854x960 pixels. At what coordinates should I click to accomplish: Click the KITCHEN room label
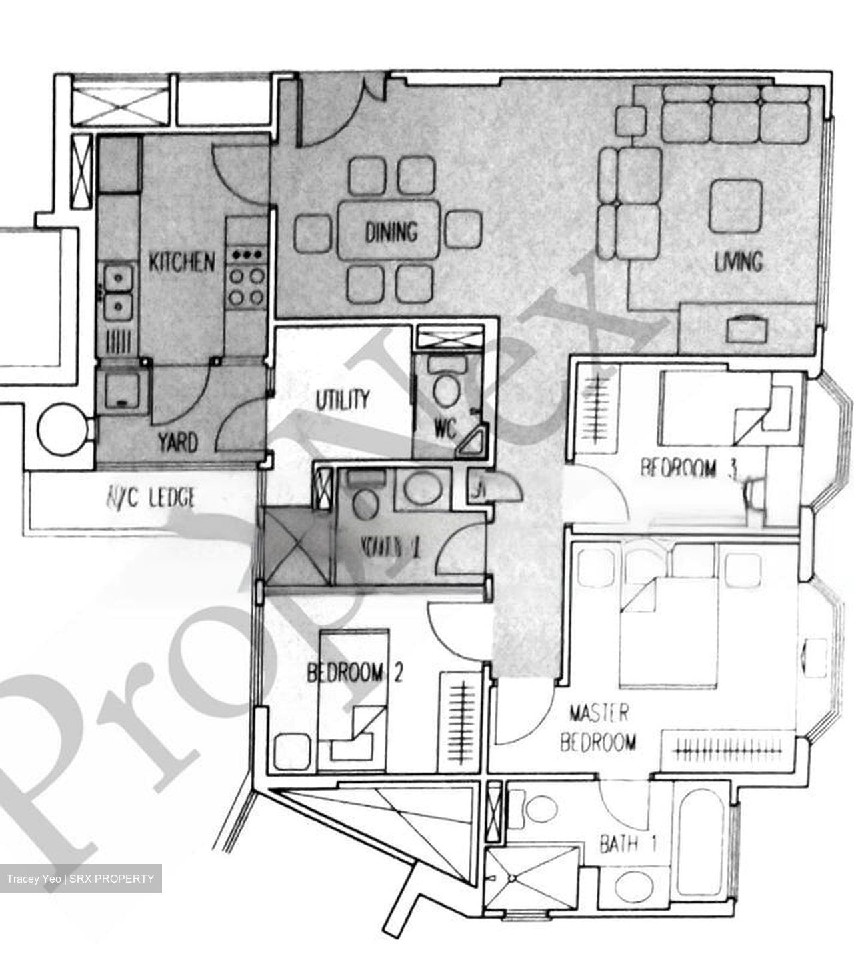click(x=181, y=261)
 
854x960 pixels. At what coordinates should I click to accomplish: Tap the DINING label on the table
click(x=391, y=232)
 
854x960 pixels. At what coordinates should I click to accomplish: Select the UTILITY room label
click(x=342, y=400)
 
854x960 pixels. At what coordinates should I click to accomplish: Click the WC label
click(x=445, y=427)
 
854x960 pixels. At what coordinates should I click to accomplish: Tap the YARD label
click(x=177, y=442)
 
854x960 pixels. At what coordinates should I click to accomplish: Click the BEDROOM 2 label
click(x=355, y=673)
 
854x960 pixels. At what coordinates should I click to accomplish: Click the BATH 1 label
click(x=628, y=845)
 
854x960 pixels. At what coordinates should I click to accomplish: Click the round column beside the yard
click(x=62, y=432)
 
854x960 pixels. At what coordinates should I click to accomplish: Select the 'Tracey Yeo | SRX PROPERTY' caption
click(x=81, y=879)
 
